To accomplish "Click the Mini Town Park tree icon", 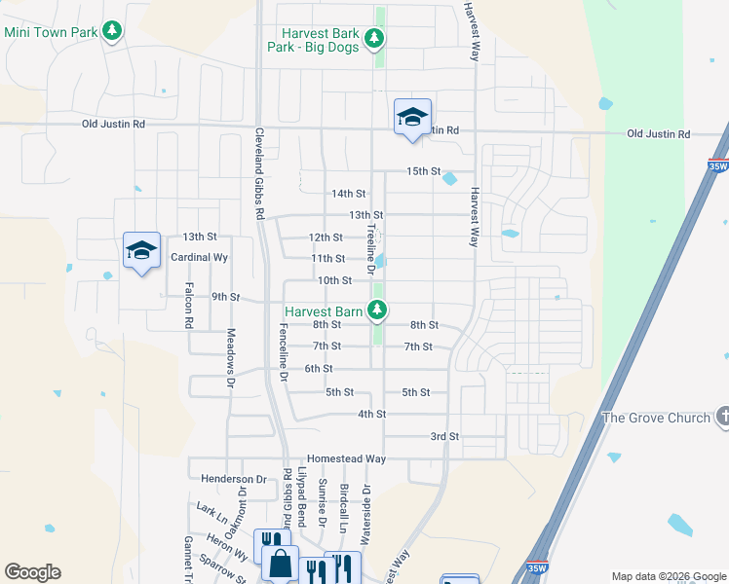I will click(113, 32).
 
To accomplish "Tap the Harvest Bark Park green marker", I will click(374, 40).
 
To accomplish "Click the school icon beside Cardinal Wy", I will click(141, 251).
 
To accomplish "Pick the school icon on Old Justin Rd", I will click(412, 117).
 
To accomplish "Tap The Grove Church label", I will click(656, 418).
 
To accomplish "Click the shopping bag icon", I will click(281, 564).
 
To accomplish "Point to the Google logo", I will click(32, 572).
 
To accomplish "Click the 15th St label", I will click(424, 171).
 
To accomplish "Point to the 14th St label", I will click(348, 194).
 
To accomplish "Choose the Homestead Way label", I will click(346, 458).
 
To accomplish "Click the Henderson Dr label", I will click(234, 479).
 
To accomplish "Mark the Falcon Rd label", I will click(190, 310).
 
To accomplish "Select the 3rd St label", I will click(444, 437).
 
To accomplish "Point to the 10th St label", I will click(334, 280).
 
